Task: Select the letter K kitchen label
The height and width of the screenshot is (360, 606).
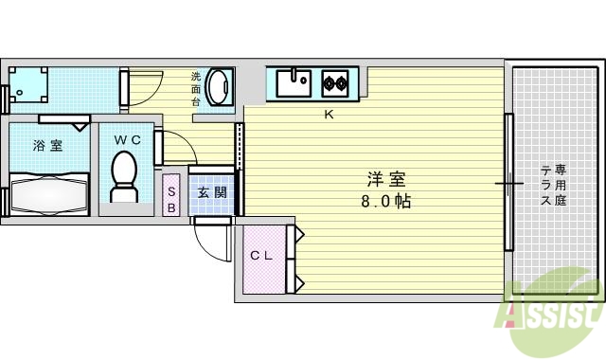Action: coord(330,116)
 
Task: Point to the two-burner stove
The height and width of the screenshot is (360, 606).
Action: coord(334,82)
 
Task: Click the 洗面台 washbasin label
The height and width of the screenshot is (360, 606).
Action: coord(196,88)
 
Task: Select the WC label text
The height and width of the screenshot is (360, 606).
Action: coord(128,139)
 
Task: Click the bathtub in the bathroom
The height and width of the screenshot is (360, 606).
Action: coord(49,194)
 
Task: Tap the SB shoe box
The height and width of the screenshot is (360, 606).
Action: coord(171,195)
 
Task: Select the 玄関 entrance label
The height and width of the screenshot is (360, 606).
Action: coord(211,192)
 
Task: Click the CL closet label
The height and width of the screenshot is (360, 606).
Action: coord(261,256)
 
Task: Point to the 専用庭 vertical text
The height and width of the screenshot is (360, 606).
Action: coord(561,184)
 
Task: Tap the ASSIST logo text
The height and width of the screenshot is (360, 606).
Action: coord(554,313)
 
